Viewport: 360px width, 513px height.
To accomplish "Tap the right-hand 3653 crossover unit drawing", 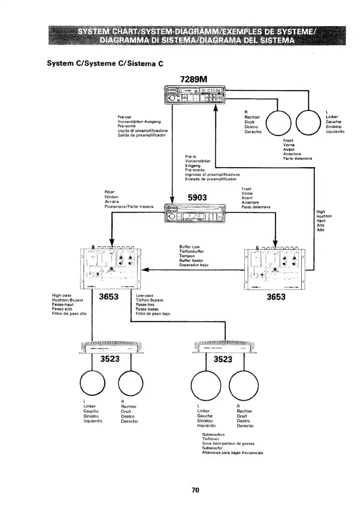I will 276,269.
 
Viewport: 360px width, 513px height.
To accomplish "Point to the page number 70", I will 195,490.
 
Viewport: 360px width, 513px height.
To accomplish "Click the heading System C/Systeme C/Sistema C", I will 105,63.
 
